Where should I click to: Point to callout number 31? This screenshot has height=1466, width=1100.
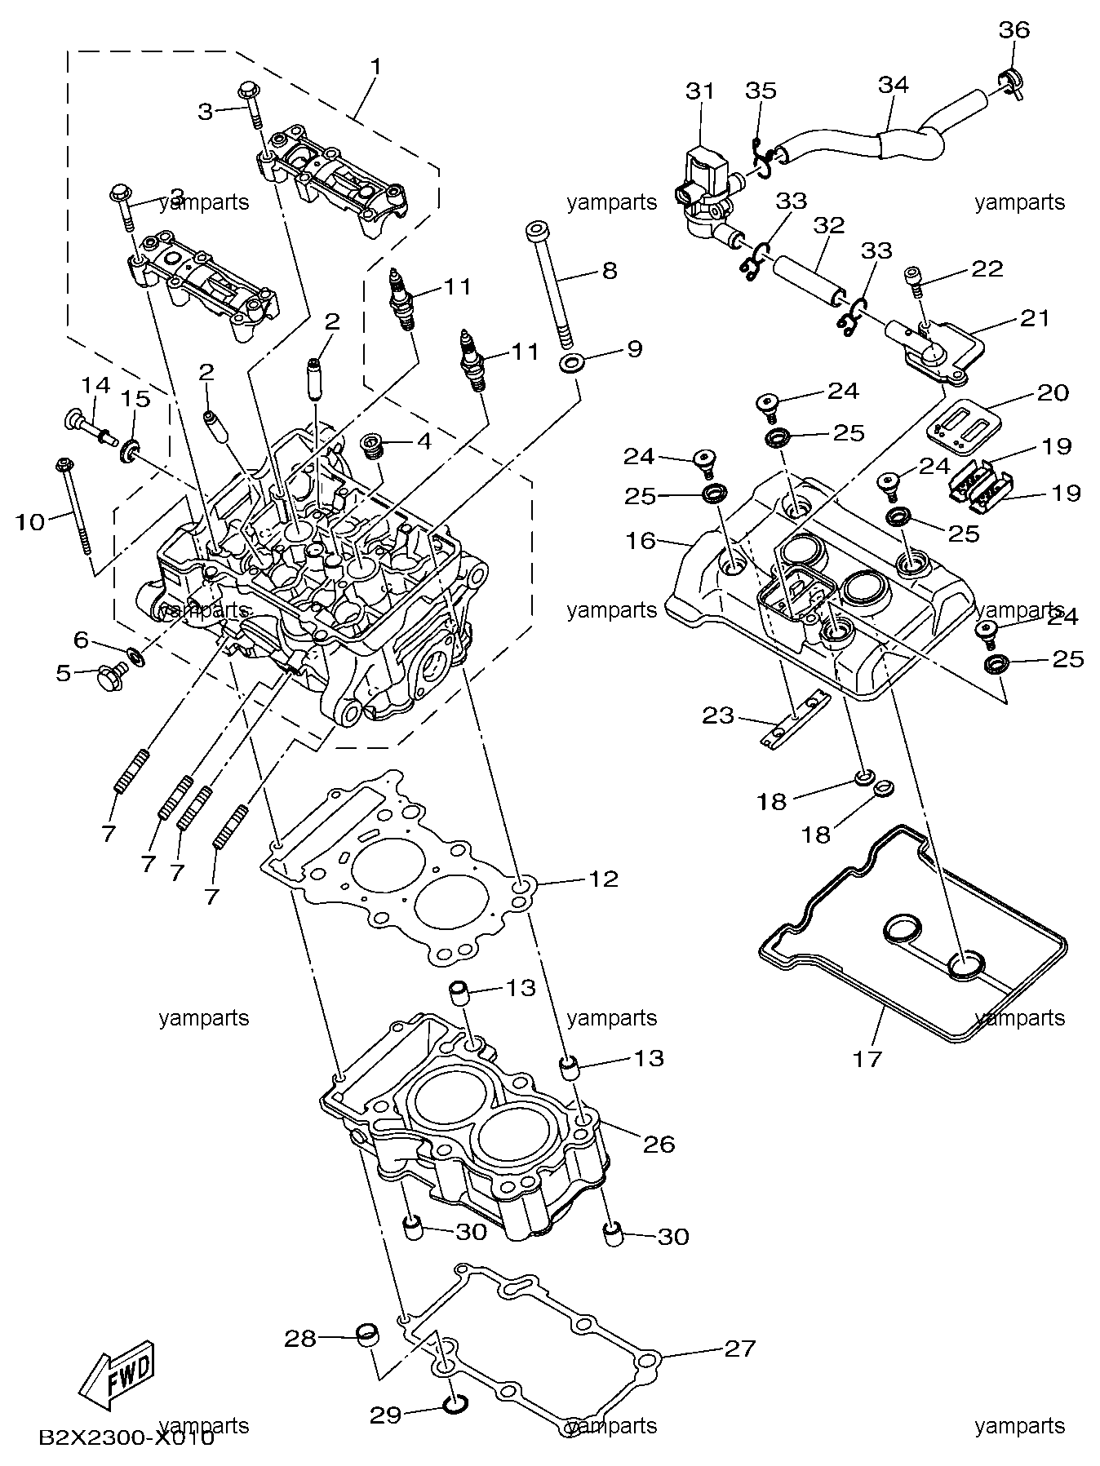(x=699, y=91)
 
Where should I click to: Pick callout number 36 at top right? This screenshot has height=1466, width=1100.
(x=1014, y=30)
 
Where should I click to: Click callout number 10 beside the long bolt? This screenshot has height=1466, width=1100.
(x=30, y=520)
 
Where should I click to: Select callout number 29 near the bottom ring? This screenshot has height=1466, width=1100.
(x=386, y=1413)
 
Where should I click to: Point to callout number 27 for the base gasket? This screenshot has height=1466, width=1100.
(x=740, y=1348)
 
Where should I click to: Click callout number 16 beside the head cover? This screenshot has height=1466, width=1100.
(x=641, y=540)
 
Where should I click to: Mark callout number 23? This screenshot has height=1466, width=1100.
(x=718, y=715)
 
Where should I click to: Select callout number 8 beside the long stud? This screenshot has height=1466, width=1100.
(x=610, y=270)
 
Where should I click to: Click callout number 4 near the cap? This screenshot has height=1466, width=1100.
(x=423, y=441)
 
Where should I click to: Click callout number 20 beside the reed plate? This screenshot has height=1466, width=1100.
(x=1053, y=392)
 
